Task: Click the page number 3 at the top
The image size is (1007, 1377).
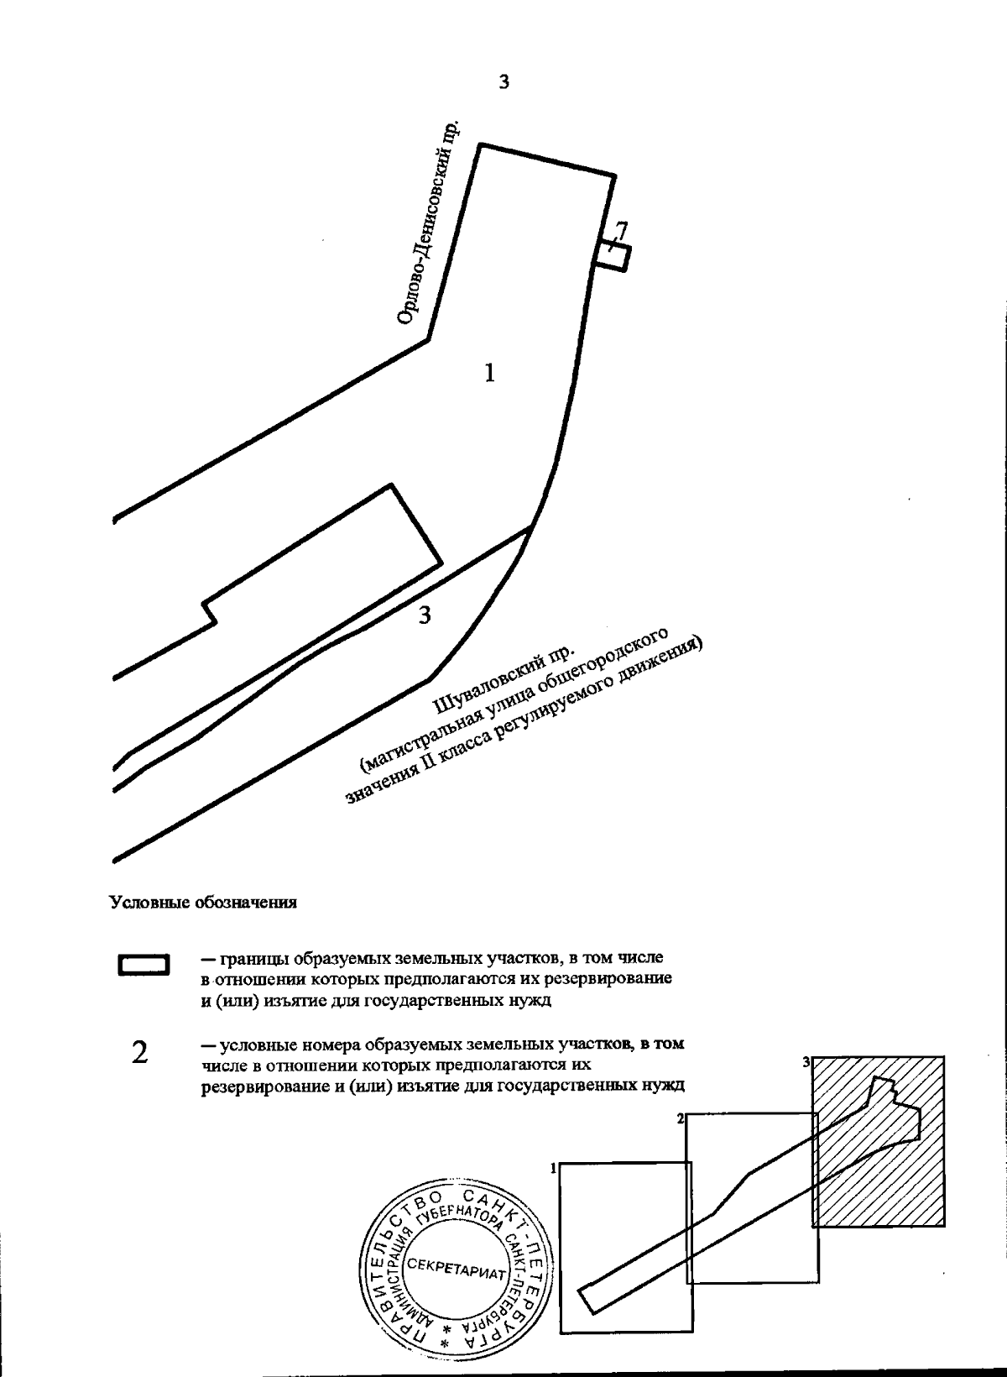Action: (x=503, y=82)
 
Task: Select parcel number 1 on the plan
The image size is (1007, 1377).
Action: (x=489, y=372)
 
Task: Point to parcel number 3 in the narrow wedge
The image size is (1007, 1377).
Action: (x=425, y=615)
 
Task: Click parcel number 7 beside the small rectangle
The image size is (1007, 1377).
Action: (x=621, y=230)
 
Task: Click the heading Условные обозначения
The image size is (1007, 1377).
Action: (x=203, y=903)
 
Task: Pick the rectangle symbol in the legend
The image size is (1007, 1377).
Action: (x=144, y=965)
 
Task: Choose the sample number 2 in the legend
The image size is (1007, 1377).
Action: (x=140, y=1051)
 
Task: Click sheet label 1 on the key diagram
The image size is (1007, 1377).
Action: (x=554, y=1168)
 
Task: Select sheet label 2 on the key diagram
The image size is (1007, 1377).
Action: (x=681, y=1118)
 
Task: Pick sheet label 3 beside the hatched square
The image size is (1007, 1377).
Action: (x=806, y=1062)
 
